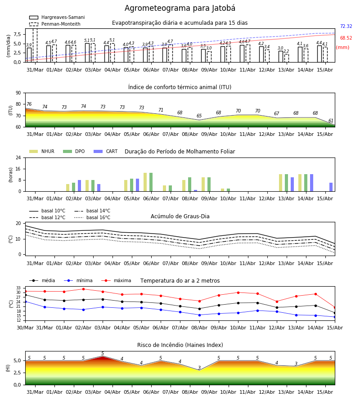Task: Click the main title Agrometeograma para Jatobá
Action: [x=180, y=8]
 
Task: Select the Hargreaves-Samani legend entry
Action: [x=57, y=17]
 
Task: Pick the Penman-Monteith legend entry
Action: [x=55, y=24]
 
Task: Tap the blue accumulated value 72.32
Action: [x=346, y=27]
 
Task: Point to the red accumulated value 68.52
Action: [x=346, y=38]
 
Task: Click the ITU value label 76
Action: [x=29, y=104]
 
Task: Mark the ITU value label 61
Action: [x=331, y=121]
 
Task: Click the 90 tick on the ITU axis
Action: [x=18, y=93]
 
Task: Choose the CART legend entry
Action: [x=105, y=151]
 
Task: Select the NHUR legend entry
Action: [x=41, y=151]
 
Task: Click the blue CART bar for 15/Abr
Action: [x=331, y=187]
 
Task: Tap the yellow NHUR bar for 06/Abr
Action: [x=145, y=182]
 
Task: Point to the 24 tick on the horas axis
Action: [x=18, y=157]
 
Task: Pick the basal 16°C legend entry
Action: [x=92, y=217]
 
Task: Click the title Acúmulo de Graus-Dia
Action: [x=180, y=216]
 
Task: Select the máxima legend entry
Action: [x=116, y=280]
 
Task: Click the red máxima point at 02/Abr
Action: [x=83, y=289]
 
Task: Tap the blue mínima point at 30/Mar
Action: [x=25, y=301]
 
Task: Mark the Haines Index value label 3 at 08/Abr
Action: [x=199, y=368]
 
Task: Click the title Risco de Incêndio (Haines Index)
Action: [x=180, y=345]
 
